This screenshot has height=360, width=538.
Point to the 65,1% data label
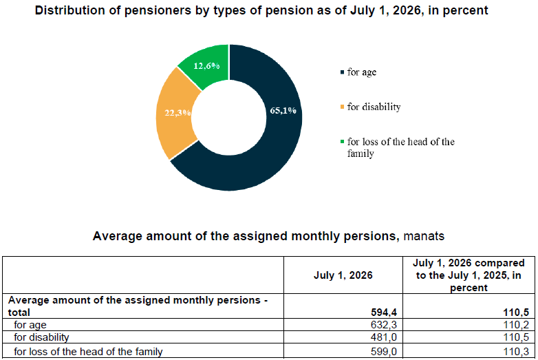tap(283, 111)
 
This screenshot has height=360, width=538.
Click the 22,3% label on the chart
tap(177, 113)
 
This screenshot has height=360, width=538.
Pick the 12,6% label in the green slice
tap(206, 66)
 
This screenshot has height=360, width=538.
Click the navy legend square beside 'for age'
tap(342, 72)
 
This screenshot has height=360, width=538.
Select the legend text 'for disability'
tap(374, 107)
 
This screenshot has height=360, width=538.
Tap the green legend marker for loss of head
tap(342, 141)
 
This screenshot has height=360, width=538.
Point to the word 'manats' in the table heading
tap(424, 236)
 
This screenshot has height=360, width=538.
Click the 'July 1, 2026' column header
tap(343, 275)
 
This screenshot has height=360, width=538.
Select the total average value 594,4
tap(384, 313)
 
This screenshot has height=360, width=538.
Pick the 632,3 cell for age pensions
tap(384, 325)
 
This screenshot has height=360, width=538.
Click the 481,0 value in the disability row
tap(384, 337)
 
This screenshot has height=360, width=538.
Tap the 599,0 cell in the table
tap(384, 352)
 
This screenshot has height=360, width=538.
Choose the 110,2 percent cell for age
tap(516, 325)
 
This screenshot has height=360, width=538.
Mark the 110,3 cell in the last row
tap(516, 352)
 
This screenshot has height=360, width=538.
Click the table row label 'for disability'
tap(41, 337)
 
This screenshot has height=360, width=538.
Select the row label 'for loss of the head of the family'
tap(88, 352)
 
